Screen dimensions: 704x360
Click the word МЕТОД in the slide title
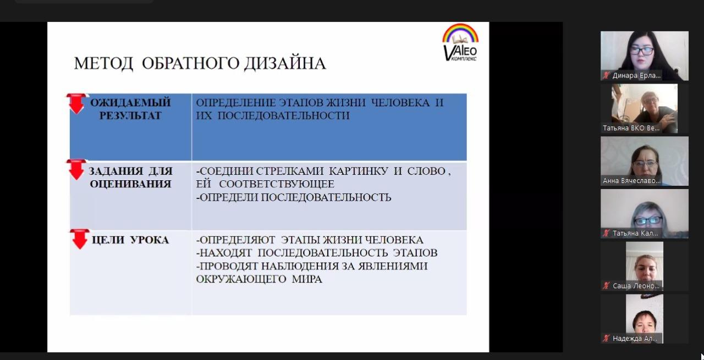click(x=103, y=63)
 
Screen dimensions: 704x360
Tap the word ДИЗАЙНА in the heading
click(x=285, y=63)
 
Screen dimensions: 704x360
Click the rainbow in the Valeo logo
click(x=460, y=33)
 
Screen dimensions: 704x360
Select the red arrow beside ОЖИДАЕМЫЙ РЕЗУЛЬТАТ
click(x=76, y=104)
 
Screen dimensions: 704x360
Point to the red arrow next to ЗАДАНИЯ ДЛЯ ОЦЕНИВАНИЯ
click(x=76, y=170)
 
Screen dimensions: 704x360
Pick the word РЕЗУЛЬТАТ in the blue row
click(x=130, y=115)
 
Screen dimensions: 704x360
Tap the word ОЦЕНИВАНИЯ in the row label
click(x=130, y=184)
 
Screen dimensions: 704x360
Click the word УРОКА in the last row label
click(x=150, y=240)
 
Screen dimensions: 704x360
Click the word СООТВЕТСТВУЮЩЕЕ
click(x=277, y=184)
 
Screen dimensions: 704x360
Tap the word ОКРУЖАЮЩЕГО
click(x=241, y=279)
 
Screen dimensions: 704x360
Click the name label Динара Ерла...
click(x=636, y=76)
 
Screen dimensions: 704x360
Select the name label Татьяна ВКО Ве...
click(x=631, y=128)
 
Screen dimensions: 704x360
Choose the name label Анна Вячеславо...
click(x=631, y=181)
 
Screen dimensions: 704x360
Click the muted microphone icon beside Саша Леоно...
click(x=606, y=286)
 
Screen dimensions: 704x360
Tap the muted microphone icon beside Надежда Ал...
click(x=606, y=339)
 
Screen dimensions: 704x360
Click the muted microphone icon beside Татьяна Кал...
click(x=606, y=234)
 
